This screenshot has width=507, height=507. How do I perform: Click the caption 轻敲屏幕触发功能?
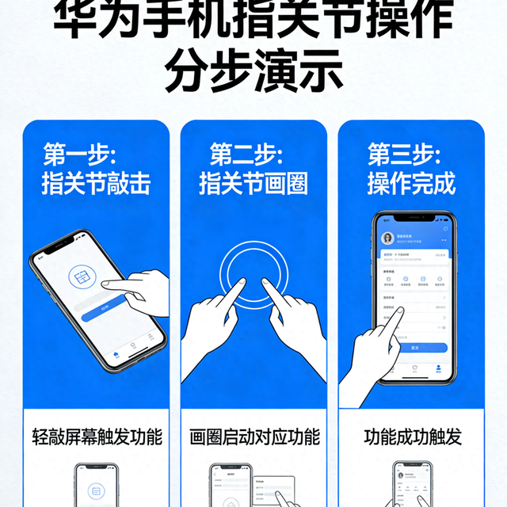coord(97,436)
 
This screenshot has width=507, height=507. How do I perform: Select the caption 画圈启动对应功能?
coord(254,436)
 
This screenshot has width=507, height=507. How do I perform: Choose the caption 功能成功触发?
coord(412,436)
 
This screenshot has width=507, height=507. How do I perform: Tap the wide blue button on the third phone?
coord(414,348)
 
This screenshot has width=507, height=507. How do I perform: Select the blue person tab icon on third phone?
coord(437,368)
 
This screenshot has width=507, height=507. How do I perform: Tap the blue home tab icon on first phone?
coord(116,354)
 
